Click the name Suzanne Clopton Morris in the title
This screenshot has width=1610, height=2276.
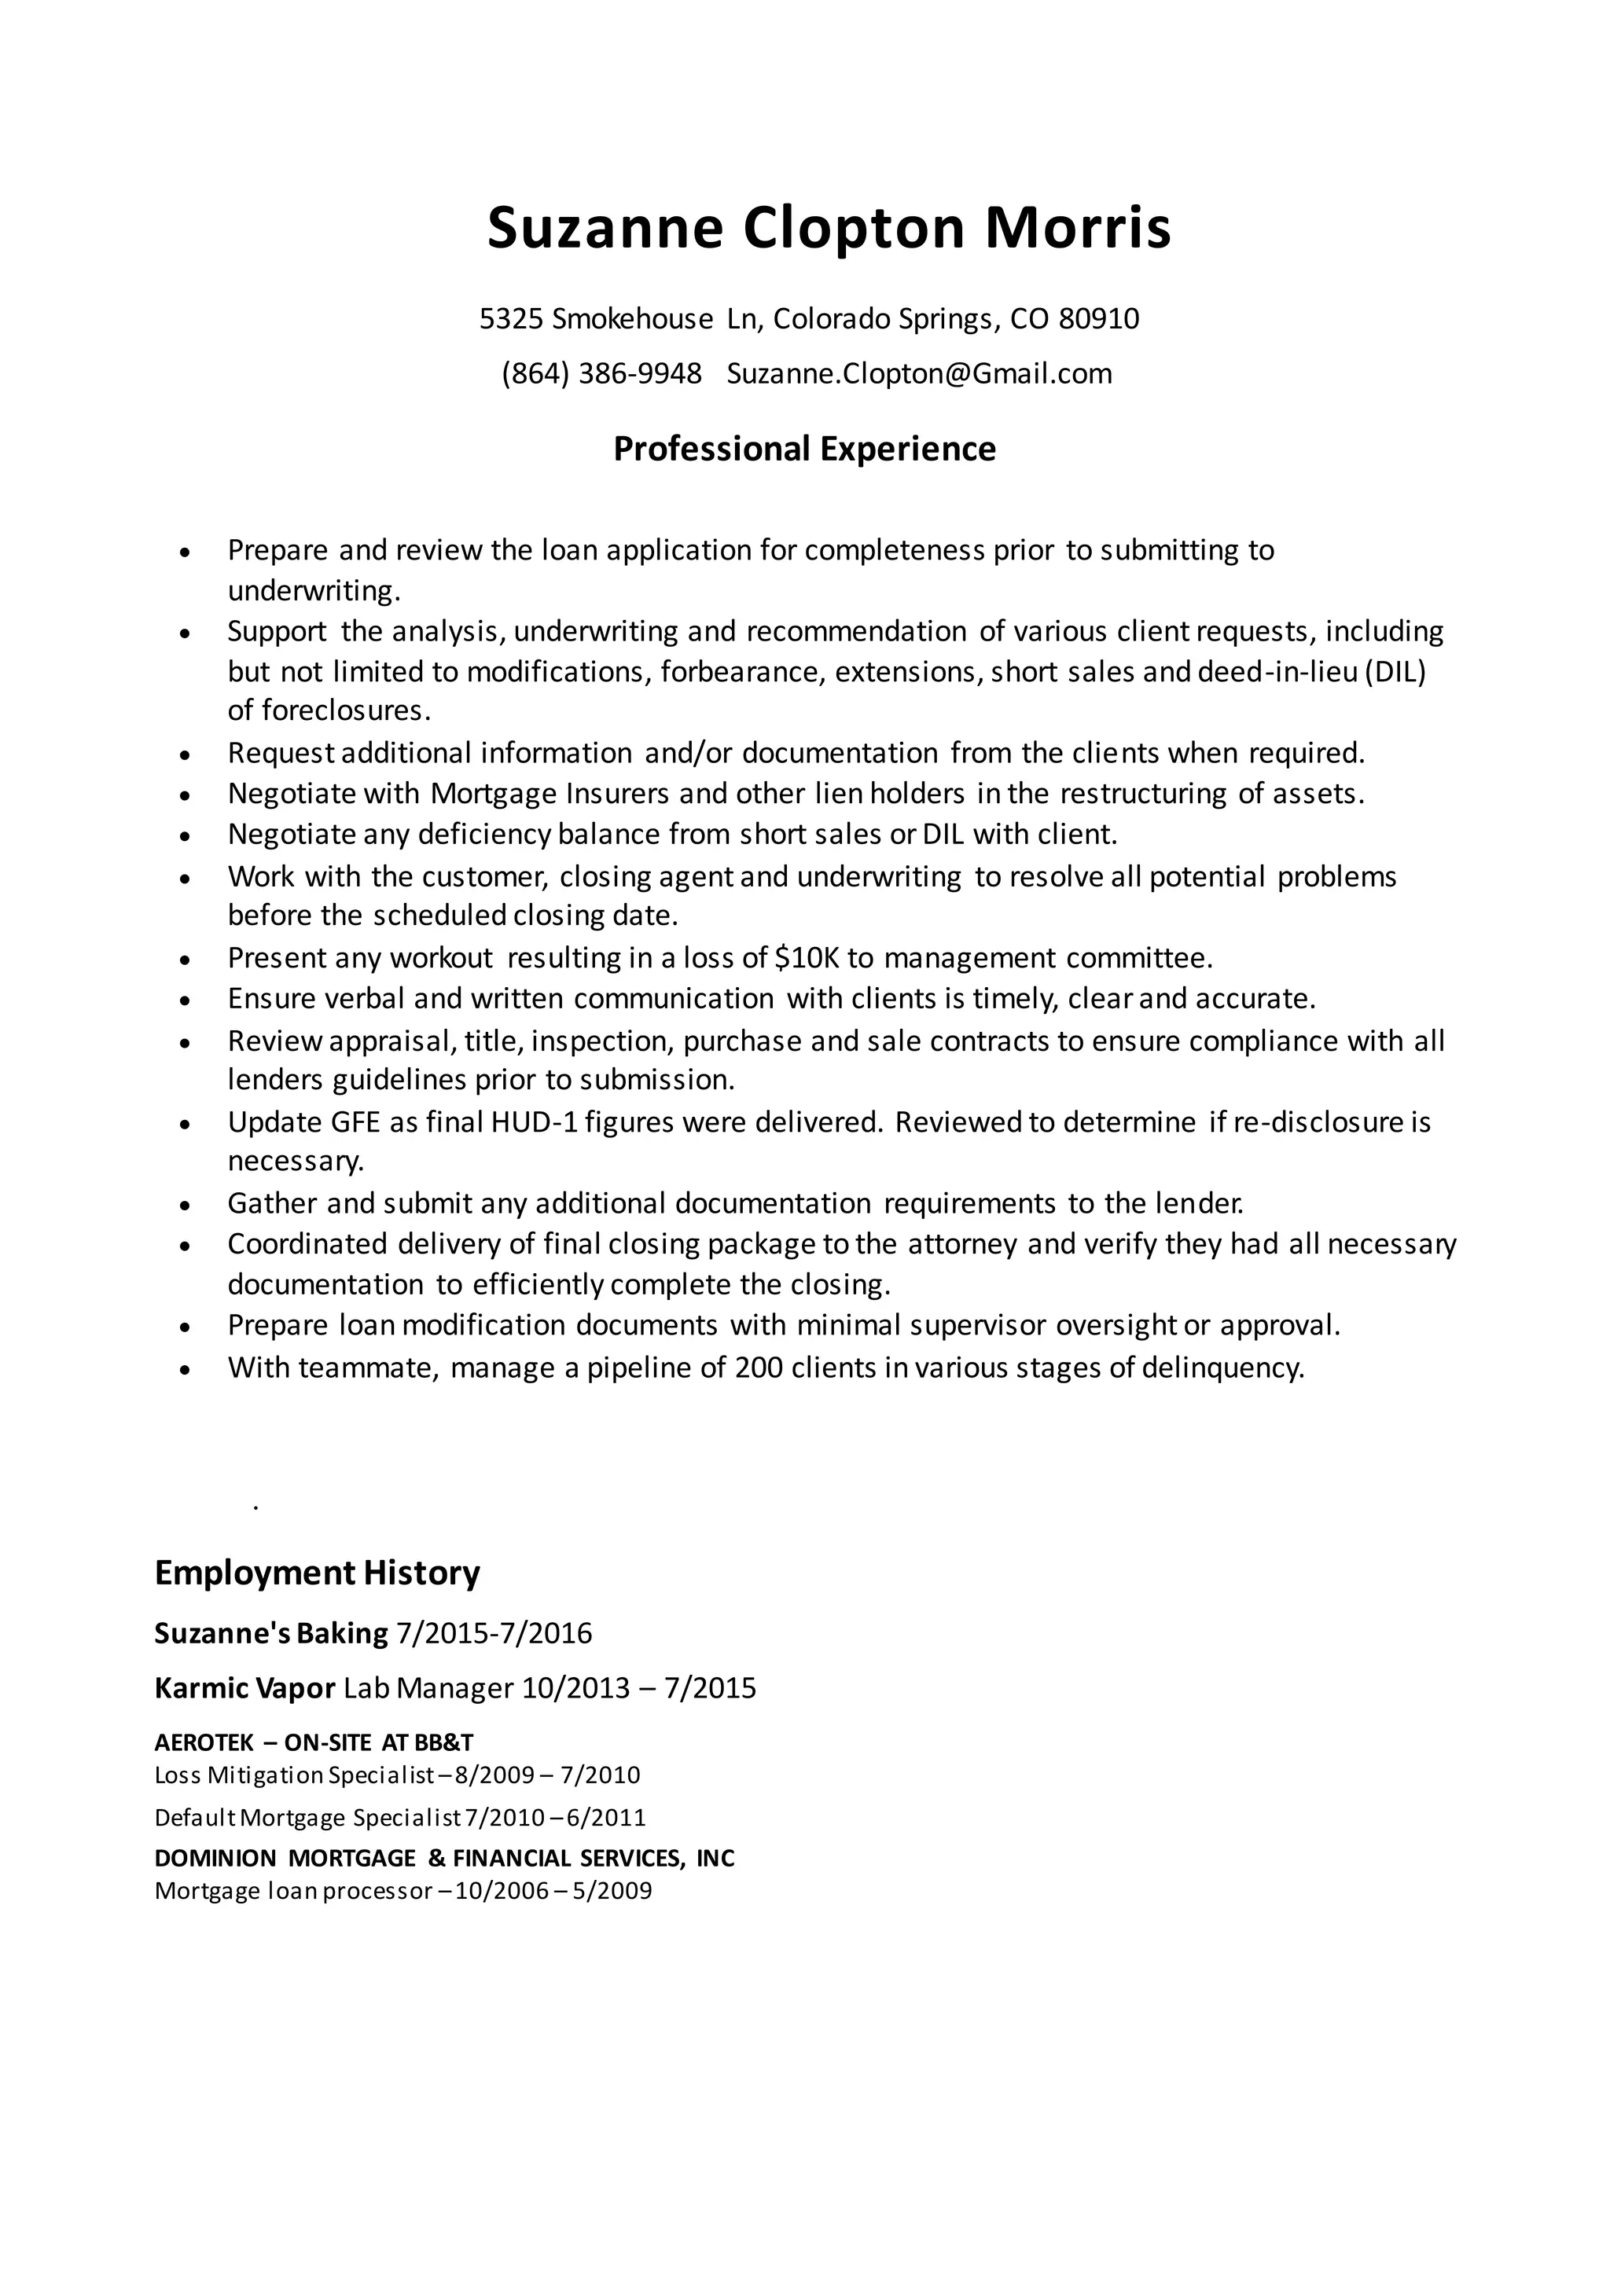click(x=829, y=228)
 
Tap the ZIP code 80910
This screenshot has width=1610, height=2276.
click(x=1098, y=319)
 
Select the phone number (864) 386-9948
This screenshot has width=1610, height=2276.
click(x=601, y=374)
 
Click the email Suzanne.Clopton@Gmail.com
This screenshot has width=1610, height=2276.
click(x=919, y=374)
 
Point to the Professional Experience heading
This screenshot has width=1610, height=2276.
click(x=804, y=449)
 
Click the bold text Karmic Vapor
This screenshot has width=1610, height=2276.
click(x=244, y=1688)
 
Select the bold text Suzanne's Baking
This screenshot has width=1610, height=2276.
click(x=270, y=1634)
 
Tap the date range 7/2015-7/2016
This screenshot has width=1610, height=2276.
click(x=494, y=1634)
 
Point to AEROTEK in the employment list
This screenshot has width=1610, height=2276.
click(x=204, y=1742)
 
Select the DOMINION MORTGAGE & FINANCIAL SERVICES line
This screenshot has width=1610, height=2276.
click(x=444, y=1859)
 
